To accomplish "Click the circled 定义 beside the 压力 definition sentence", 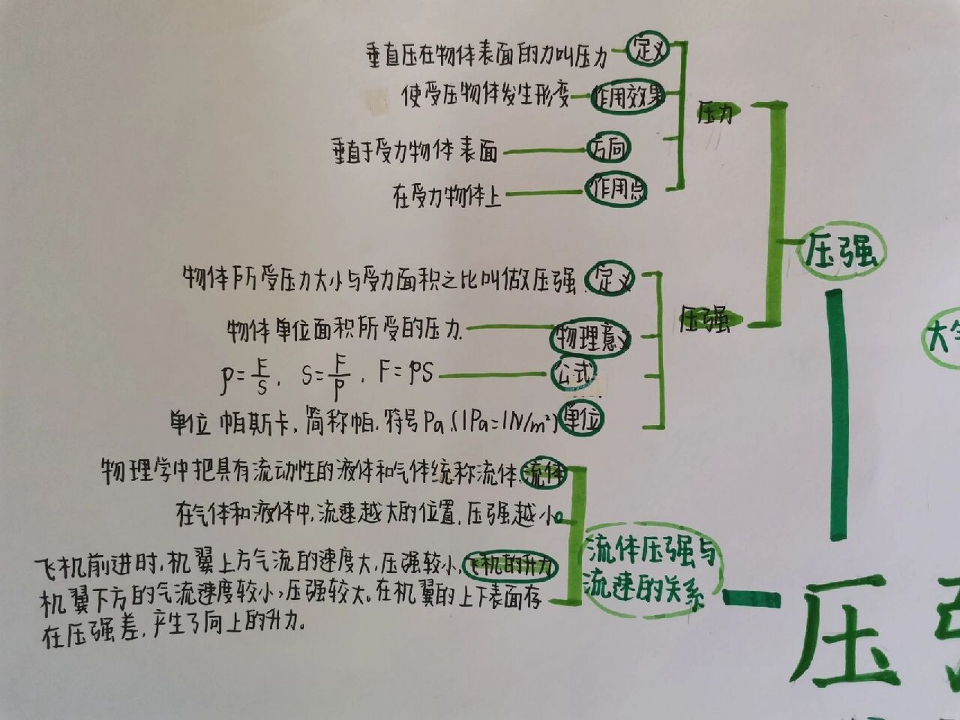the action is point(648,51).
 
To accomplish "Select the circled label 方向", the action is point(609,148).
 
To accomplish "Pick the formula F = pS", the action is point(405,372).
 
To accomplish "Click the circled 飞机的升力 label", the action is point(511,566).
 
